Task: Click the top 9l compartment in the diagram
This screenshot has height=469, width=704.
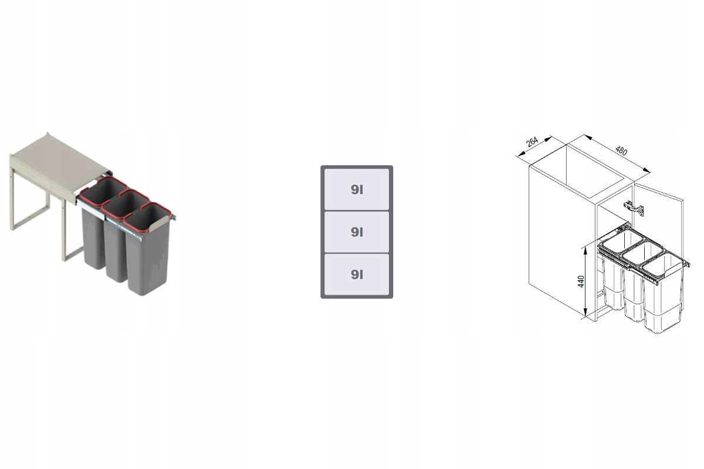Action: tap(357, 189)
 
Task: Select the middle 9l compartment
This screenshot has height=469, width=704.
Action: tap(357, 232)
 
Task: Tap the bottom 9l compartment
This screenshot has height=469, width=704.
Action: tap(357, 274)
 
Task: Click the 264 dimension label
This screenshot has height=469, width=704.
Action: tap(532, 142)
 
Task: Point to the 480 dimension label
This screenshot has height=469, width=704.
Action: tap(621, 151)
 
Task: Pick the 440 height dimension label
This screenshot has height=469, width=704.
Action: tap(581, 281)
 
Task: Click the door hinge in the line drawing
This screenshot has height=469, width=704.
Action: tap(634, 208)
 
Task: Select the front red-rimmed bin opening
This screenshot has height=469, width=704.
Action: tap(147, 216)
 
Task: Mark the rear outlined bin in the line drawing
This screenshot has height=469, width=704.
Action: tap(617, 267)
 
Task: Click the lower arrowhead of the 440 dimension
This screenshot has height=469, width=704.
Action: tap(585, 313)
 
